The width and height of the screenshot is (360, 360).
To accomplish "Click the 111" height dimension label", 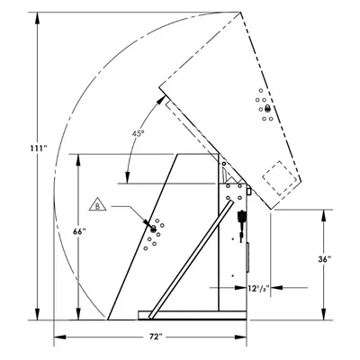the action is (39, 148).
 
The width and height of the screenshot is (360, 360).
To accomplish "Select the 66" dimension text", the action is (79, 231).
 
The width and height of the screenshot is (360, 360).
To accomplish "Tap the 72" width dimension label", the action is (156, 337).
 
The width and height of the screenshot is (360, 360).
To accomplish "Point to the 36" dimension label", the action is (325, 259).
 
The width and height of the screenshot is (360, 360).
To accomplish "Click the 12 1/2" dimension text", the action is (257, 288).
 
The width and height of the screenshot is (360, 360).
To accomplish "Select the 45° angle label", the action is (138, 133).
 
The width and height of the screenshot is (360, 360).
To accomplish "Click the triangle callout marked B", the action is (97, 204).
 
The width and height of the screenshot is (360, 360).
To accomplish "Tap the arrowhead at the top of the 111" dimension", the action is (37, 18).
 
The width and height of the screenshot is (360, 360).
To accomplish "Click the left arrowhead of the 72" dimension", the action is (59, 337).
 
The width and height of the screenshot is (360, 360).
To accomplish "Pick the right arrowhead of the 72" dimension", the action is (240, 337).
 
